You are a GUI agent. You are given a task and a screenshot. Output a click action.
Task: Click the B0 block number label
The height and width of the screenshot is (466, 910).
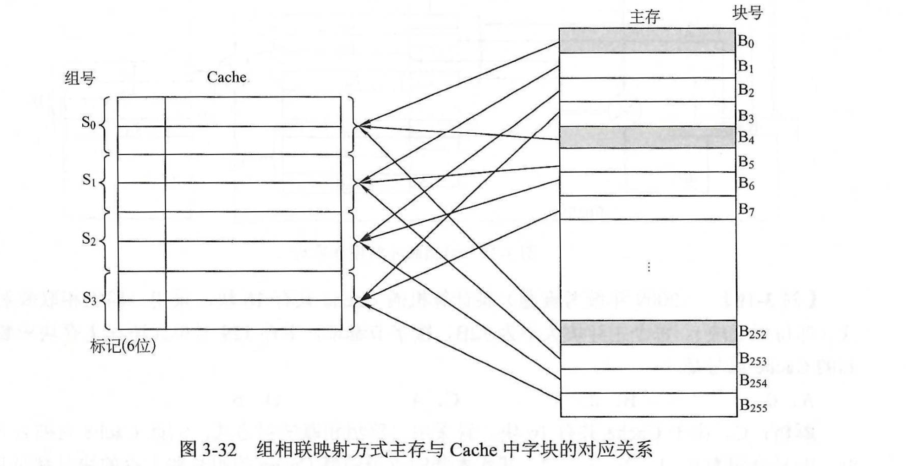click(x=746, y=41)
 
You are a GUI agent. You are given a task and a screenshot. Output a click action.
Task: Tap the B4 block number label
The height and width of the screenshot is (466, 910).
click(x=746, y=137)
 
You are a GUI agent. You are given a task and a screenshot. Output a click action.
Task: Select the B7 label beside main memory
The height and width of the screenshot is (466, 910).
click(x=746, y=209)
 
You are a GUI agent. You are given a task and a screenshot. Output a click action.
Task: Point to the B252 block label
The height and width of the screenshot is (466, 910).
click(x=752, y=332)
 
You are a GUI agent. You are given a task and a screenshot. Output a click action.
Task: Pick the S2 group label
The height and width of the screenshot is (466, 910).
click(x=89, y=239)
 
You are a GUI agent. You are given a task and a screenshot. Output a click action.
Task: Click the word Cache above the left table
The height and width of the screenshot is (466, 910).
click(x=227, y=77)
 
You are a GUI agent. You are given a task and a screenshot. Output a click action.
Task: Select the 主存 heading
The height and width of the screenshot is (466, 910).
click(x=645, y=17)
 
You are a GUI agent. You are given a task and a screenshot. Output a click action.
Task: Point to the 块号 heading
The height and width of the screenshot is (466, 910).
click(x=747, y=13)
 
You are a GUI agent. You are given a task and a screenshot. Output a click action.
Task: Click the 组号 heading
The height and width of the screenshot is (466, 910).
click(x=80, y=78)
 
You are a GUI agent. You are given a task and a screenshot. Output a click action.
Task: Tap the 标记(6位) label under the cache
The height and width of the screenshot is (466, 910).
click(x=123, y=346)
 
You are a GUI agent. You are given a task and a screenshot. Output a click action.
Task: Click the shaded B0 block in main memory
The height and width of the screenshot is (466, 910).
click(x=647, y=40)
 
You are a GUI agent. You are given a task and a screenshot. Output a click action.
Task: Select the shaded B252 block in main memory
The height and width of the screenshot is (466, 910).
click(x=648, y=332)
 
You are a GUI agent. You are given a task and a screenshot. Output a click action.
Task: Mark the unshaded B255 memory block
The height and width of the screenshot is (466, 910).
click(x=648, y=405)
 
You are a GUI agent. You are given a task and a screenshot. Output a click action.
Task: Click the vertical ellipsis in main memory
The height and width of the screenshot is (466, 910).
click(x=648, y=267)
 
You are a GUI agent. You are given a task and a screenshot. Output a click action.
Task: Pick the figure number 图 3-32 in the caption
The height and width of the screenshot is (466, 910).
click(x=208, y=449)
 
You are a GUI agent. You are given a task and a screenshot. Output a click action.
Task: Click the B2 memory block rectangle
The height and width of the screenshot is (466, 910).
click(x=647, y=90)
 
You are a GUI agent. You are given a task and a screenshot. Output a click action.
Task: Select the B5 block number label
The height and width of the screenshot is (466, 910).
click(x=746, y=162)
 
